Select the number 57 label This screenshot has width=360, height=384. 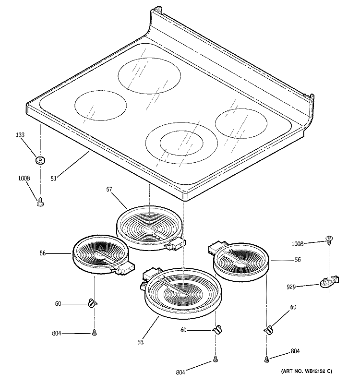click(109, 190)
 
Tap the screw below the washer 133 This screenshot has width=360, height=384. click(40, 202)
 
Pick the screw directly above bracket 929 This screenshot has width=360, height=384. click(329, 239)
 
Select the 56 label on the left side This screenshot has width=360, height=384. click(43, 253)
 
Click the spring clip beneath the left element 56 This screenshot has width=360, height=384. click(93, 303)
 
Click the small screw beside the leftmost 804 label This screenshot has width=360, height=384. click(94, 333)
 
